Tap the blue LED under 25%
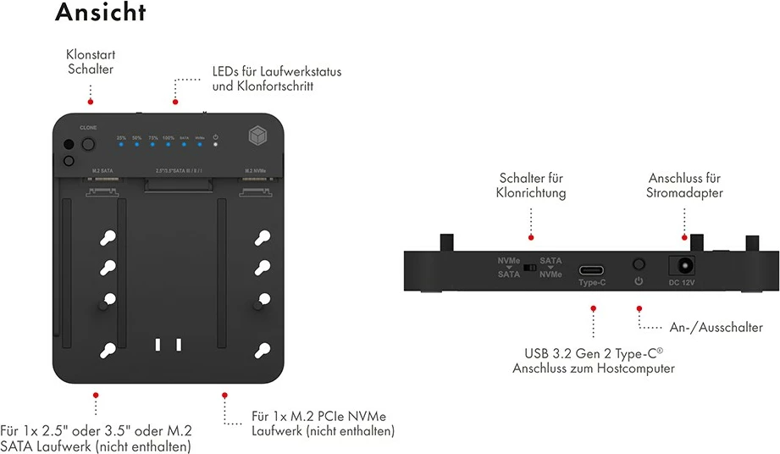point(121,144)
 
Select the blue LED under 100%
point(169,144)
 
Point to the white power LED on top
point(216,144)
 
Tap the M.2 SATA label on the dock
point(102,170)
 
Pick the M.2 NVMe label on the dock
point(255,170)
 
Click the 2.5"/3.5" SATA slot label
point(180,170)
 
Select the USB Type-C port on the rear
point(592,272)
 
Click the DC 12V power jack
point(682,265)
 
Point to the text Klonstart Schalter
point(91,63)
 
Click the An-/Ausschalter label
point(715,327)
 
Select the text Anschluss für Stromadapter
point(683,185)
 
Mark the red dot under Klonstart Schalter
point(91,101)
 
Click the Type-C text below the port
point(592,283)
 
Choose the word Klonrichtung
point(531,193)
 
